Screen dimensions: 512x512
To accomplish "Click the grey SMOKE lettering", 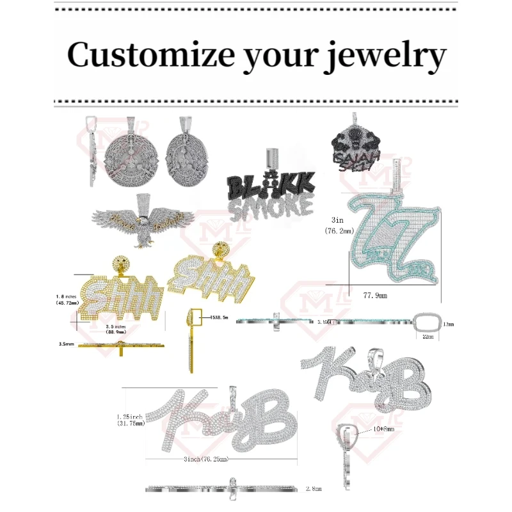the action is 271,207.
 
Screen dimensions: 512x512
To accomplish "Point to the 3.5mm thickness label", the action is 67,344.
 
